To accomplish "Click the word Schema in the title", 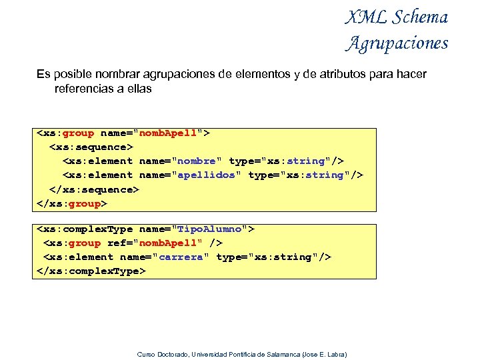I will click(x=420, y=17).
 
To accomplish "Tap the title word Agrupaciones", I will click(x=397, y=43).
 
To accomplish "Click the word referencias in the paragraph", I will click(x=85, y=88).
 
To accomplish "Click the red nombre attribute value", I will click(x=197, y=161).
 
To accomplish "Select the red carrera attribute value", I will click(x=181, y=257).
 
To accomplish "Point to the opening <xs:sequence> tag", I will click(x=91, y=147).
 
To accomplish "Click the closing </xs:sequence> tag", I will click(x=94, y=189).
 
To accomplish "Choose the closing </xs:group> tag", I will click(x=71, y=203).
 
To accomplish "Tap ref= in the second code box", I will click(x=119, y=243).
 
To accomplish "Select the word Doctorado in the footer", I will click(x=171, y=354).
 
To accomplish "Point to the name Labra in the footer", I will click(x=336, y=354).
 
